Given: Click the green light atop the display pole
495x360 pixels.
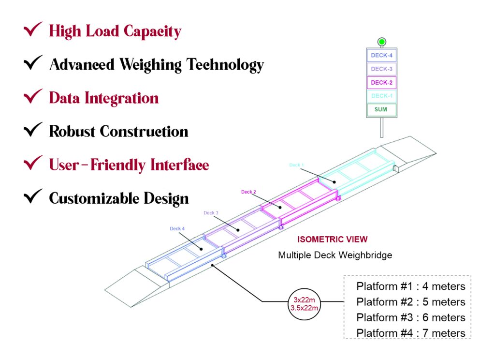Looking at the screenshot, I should click(x=382, y=42).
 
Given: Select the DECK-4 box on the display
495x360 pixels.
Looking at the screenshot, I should click(x=381, y=56).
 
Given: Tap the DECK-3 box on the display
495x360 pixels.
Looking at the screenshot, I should click(x=381, y=69).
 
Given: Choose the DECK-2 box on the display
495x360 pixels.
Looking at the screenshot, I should click(x=381, y=83).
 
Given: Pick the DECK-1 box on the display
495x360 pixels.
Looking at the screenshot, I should click(x=381, y=96).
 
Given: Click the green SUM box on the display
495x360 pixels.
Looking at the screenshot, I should click(x=381, y=109).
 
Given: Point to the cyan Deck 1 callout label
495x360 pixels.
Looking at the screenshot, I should click(x=296, y=165).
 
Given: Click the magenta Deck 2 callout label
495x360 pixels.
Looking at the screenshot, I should click(x=248, y=192).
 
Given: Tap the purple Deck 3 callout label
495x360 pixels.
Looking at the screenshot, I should click(x=211, y=213).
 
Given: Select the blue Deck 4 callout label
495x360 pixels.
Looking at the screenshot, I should click(x=176, y=228).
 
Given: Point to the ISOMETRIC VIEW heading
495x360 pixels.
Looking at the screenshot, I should click(x=332, y=240).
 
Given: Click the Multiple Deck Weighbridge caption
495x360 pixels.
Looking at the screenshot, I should click(x=335, y=255).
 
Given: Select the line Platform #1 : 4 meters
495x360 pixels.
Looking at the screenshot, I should click(x=410, y=286).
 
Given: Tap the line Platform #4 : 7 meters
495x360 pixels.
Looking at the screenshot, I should click(x=410, y=333).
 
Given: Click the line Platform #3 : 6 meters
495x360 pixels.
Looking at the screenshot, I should click(x=410, y=317).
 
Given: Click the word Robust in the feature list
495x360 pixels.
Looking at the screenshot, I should click(x=72, y=131).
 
